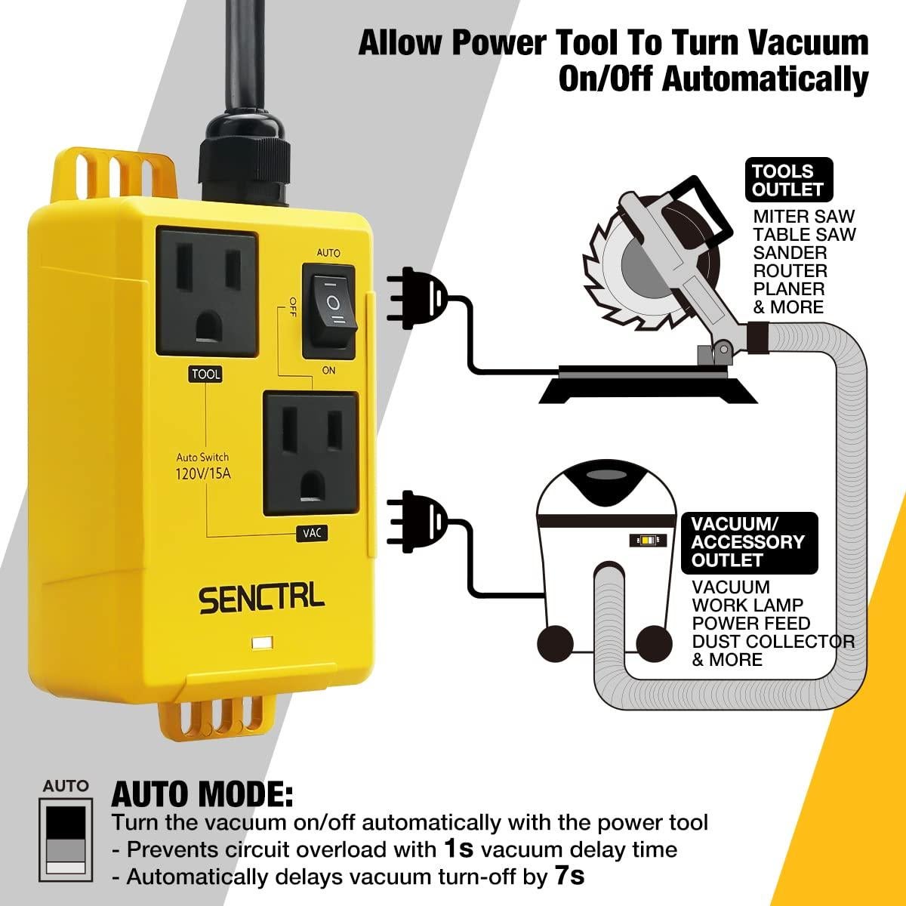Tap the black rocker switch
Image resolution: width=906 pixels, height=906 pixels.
(329, 310)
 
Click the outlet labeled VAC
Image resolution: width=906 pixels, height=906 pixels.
(310, 453)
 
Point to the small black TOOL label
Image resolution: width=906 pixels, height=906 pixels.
(206, 374)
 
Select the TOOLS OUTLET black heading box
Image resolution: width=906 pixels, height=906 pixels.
(788, 180)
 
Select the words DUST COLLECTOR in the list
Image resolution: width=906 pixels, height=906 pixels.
(773, 642)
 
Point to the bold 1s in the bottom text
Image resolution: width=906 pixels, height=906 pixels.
(458, 849)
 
